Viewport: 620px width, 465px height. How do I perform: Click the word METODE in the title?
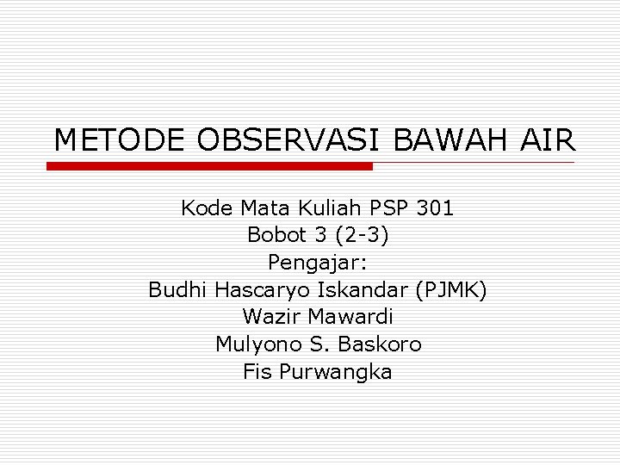(x=119, y=139)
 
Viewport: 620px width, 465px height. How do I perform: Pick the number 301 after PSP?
(x=435, y=208)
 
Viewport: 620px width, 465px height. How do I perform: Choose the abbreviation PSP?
(x=389, y=208)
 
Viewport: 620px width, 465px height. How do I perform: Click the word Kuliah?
(x=331, y=208)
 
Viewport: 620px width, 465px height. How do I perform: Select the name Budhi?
(x=178, y=290)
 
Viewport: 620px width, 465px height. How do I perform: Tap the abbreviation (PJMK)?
(x=451, y=290)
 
